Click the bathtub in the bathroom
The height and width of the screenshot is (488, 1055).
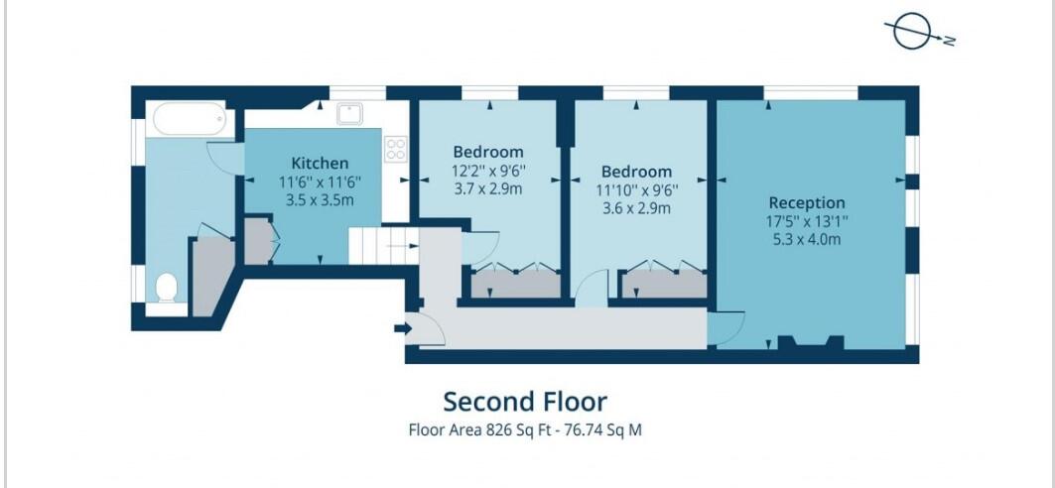pos(189,121)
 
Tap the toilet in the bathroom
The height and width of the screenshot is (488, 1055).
pos(167,289)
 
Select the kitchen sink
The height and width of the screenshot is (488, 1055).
pos(349,114)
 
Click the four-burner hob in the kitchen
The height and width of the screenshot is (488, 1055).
pos(396,149)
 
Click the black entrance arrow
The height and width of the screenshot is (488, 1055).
pos(401,328)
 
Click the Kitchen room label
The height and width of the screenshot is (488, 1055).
pos(320,164)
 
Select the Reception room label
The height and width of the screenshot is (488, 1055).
pos(806,202)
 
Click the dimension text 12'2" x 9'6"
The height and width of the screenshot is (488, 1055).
pos(487,170)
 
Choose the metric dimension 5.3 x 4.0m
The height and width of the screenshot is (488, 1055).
pos(806,238)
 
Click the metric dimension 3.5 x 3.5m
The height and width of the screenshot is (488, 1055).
pos(320,199)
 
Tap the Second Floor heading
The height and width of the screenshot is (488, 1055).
pos(524,402)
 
